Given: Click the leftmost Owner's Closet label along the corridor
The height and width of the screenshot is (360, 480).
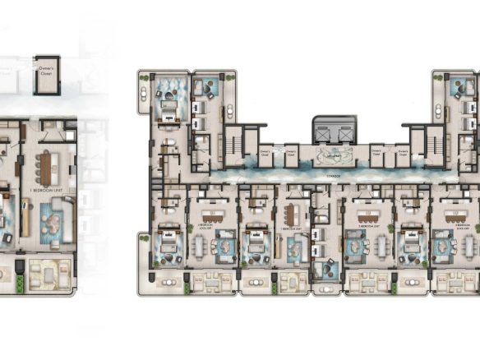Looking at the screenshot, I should point(265,152).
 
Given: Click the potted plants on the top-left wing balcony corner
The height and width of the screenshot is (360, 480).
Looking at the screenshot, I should point(145,79).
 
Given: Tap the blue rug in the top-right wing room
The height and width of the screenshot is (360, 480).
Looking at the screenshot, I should point(457,86).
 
